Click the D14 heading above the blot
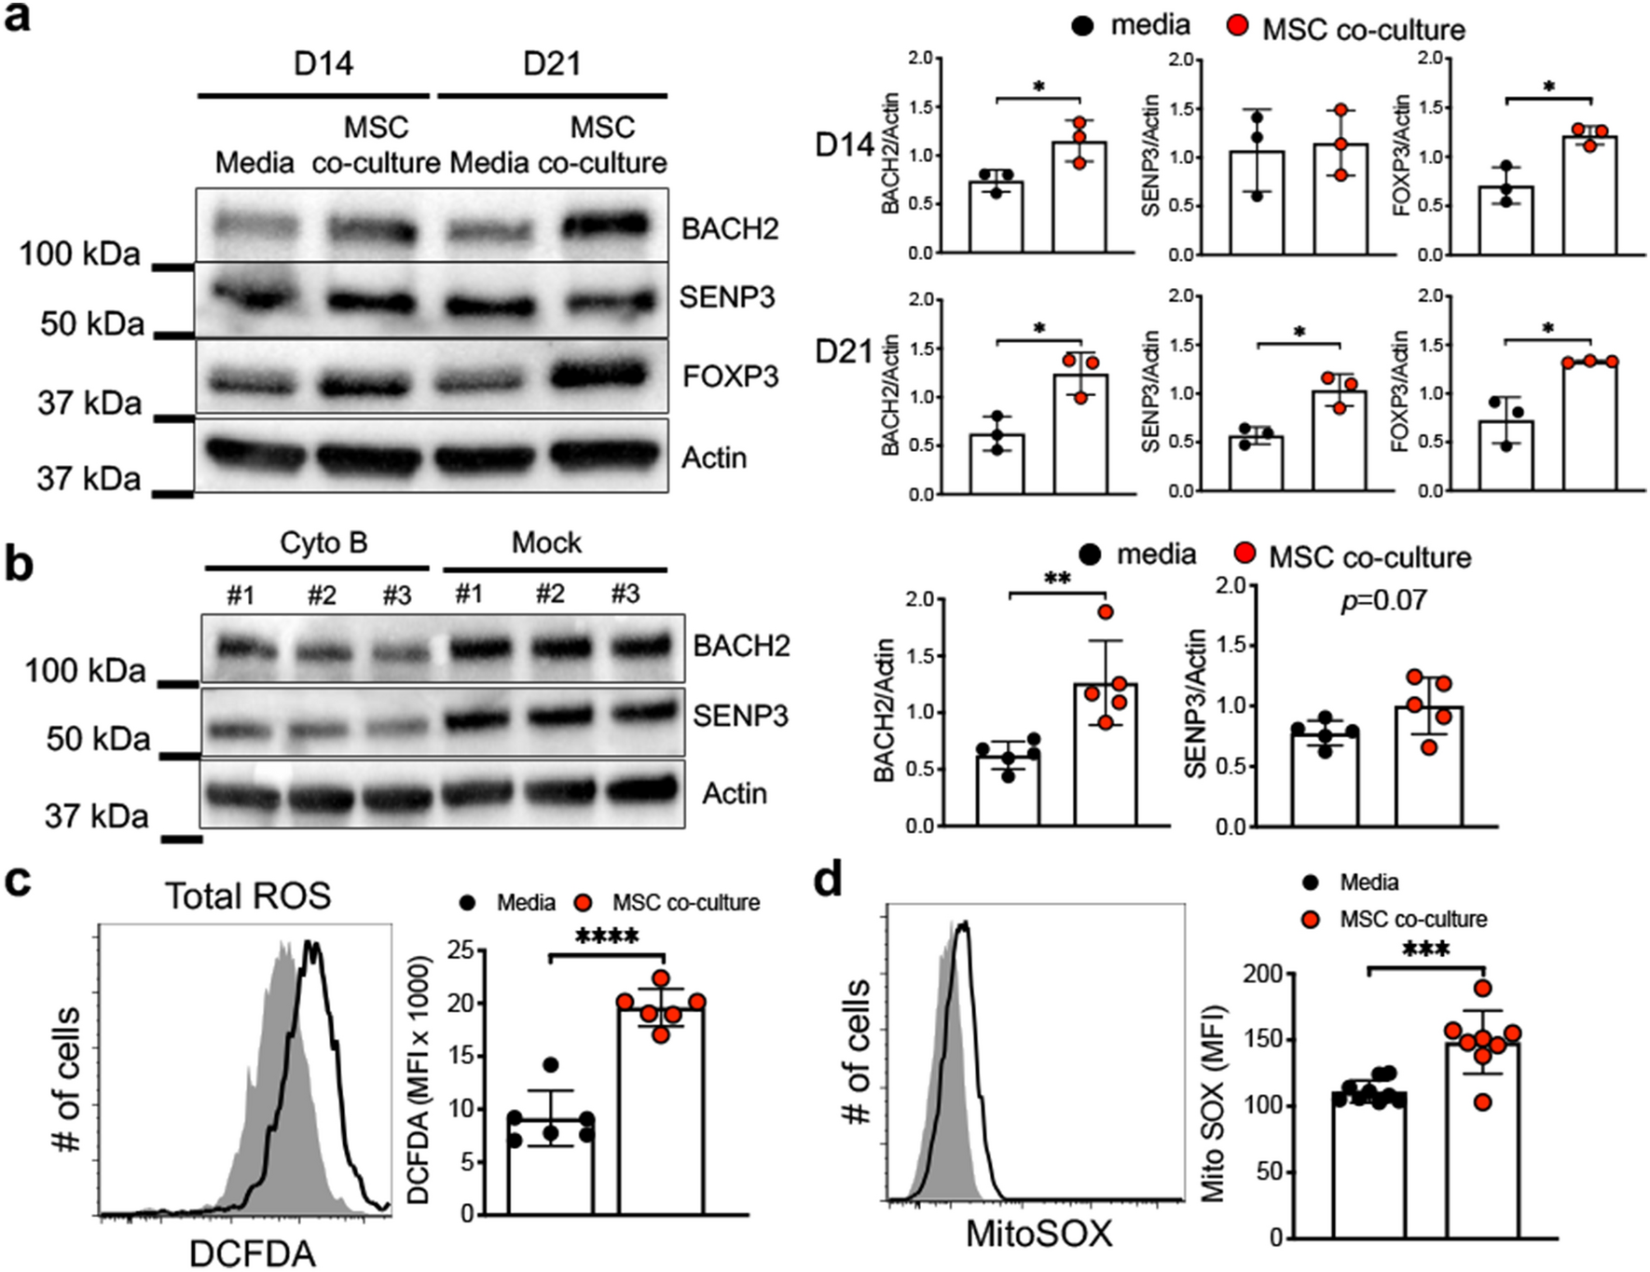[x=323, y=63]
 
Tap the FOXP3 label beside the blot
[x=730, y=376]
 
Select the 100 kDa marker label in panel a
[x=79, y=253]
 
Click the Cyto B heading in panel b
[x=323, y=542]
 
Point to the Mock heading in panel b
[x=546, y=542]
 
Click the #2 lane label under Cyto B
[x=322, y=595]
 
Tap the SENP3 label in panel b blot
[x=740, y=716]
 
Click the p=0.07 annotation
[x=1383, y=600]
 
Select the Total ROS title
[x=248, y=896]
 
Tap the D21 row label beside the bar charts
[x=844, y=352]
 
